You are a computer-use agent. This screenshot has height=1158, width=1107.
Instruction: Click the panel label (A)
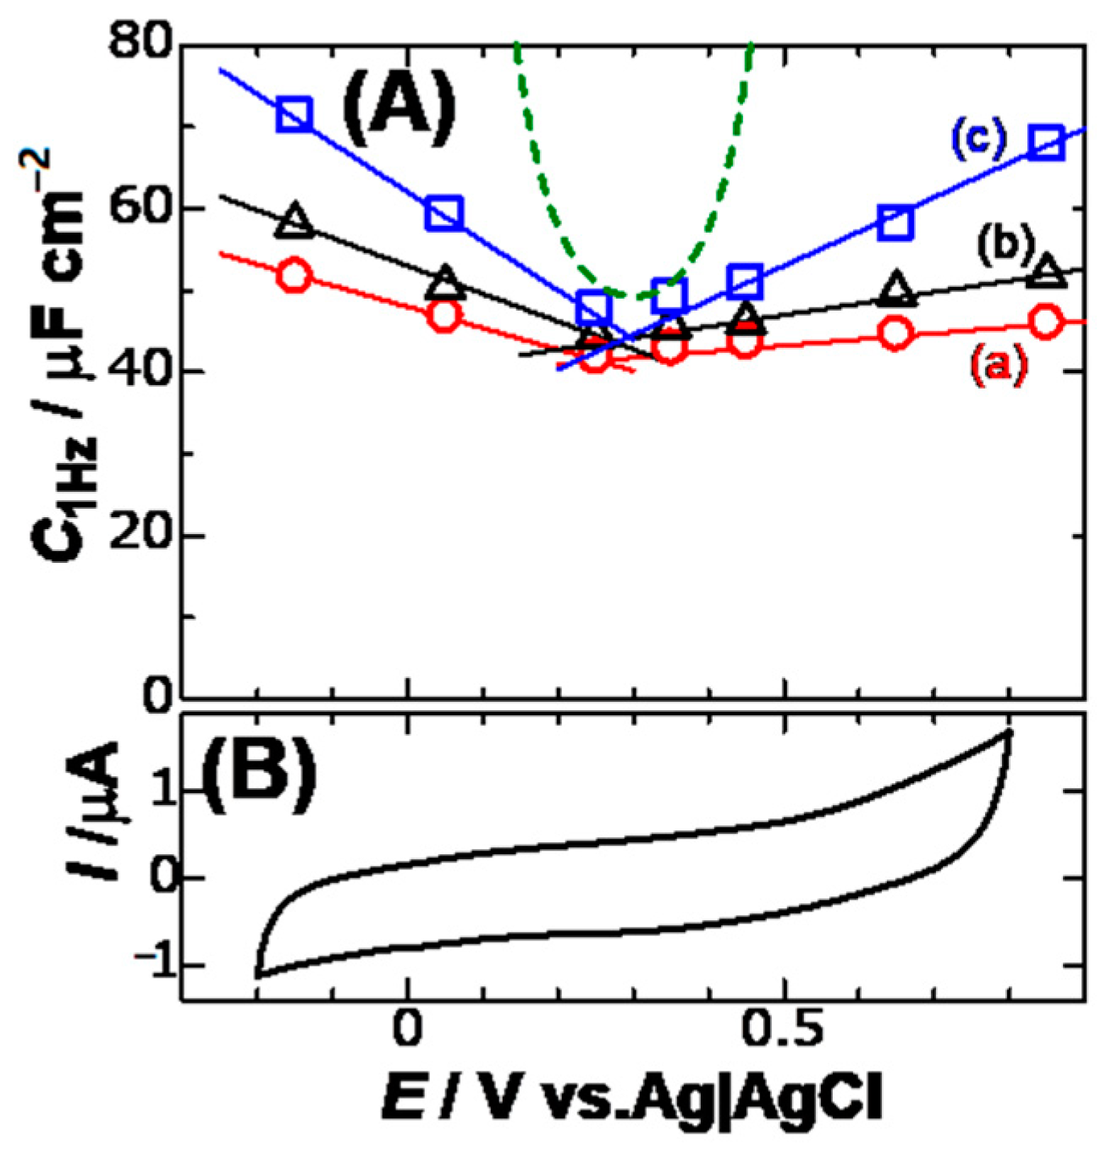[399, 108]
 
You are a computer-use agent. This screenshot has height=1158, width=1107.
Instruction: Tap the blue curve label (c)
[977, 141]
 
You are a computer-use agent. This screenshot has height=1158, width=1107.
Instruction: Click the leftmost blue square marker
[295, 114]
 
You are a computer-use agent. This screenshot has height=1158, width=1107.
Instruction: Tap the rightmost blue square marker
[1047, 142]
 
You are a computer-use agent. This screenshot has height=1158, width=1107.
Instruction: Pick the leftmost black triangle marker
[295, 220]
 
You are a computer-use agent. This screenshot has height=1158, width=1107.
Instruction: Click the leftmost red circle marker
[295, 276]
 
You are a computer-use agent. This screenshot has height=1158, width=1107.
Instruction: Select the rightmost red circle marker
[1046, 322]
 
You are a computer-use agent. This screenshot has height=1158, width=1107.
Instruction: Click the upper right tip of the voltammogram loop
[1008, 731]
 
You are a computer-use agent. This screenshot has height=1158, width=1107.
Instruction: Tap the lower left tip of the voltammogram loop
[258, 976]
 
